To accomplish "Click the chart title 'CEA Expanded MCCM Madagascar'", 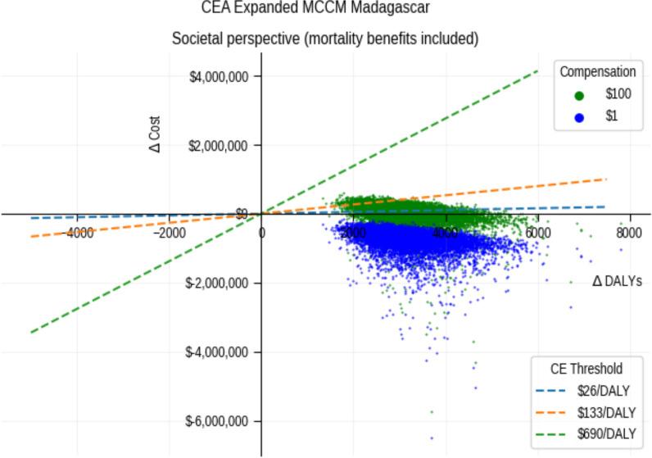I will (315, 8).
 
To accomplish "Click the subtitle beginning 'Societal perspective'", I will (324, 39).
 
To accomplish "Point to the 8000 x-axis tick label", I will (629, 232).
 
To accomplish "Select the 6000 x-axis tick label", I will (538, 232).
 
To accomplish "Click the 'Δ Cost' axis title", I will (156, 134).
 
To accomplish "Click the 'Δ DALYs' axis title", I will (617, 281).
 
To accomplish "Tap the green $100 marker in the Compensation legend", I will (580, 95).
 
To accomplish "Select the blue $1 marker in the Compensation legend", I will (580, 117).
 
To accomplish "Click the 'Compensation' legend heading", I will (597, 72).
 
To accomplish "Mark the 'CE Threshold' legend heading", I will (587, 369).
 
